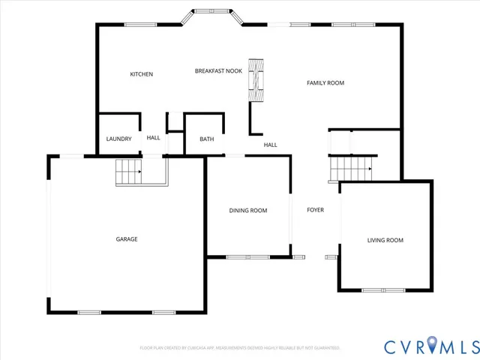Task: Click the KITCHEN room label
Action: [141, 74]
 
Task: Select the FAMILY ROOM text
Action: [325, 82]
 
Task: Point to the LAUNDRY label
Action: [118, 139]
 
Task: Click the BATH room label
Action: [206, 139]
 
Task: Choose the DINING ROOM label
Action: [247, 211]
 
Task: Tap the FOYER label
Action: [315, 210]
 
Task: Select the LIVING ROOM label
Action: [385, 240]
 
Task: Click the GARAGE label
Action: [126, 239]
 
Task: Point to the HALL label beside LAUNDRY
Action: [153, 138]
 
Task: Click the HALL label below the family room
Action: [270, 145]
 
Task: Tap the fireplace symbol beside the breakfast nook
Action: [256, 81]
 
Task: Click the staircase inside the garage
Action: [128, 172]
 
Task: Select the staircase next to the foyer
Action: [352, 169]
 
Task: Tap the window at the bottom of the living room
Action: [382, 290]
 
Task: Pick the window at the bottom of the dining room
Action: [247, 257]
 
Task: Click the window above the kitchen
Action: [140, 25]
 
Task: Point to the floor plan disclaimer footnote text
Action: [240, 348]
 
